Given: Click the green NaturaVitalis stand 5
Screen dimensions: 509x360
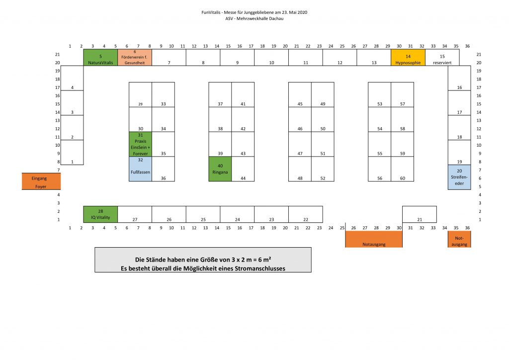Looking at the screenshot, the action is [100, 58].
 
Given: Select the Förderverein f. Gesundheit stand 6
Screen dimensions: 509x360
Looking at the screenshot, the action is [135, 58].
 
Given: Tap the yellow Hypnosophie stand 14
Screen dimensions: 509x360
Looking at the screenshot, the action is [408, 58].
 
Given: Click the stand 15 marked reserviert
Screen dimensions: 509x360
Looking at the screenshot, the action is [442, 58].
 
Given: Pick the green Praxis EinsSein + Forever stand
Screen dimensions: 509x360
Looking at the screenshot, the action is [141, 144].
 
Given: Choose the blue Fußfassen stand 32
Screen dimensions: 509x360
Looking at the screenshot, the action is [141, 169].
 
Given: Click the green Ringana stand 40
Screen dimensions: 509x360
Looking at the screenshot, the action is [220, 169].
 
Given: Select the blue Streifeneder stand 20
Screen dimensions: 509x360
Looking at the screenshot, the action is [459, 177].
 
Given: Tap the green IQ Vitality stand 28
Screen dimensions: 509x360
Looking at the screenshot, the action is [100, 214].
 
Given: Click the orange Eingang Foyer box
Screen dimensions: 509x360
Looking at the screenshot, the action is [41, 181].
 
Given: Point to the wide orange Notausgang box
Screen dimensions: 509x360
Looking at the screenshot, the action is [374, 239].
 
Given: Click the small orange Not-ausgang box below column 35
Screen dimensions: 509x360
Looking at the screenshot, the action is [459, 239].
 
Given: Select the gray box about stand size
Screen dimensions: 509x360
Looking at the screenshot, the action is [203, 260].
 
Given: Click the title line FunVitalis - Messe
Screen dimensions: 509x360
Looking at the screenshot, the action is [254, 12].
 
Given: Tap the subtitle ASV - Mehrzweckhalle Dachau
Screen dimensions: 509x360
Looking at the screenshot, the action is [254, 18].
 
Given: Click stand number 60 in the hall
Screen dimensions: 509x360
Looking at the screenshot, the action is [403, 169].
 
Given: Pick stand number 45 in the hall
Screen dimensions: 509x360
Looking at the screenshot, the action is [300, 94].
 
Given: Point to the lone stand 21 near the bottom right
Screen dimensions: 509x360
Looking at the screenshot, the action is [420, 214].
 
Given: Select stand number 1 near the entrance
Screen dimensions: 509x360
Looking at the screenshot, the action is [72, 152].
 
